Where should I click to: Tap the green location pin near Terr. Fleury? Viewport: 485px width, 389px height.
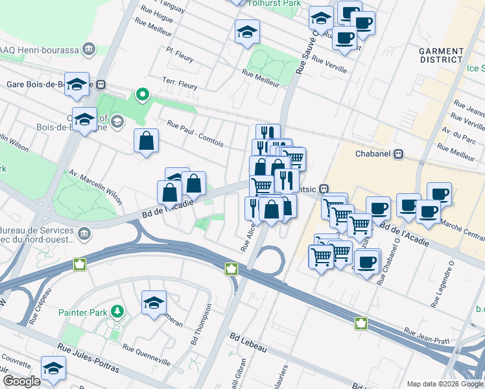[x=142, y=95]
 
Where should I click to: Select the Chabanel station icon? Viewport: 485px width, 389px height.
[x=399, y=154]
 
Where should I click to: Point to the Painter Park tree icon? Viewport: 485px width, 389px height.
[x=117, y=311]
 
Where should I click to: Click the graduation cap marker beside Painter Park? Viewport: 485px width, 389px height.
[x=154, y=302]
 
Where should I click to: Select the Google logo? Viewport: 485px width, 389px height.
[x=21, y=381]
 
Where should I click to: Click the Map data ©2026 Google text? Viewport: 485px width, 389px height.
[x=444, y=384]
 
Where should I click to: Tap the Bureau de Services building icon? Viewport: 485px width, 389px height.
[x=84, y=233]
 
